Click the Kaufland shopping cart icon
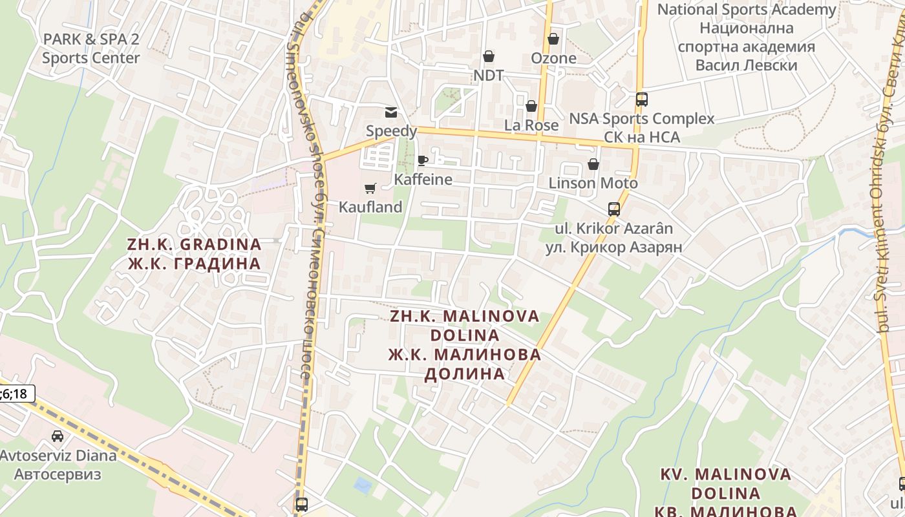pyautogui.click(x=370, y=188)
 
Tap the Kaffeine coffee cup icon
pyautogui.click(x=423, y=160)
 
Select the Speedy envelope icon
pyautogui.click(x=391, y=112)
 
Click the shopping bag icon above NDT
pyautogui.click(x=489, y=56)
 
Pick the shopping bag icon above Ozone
pyautogui.click(x=553, y=39)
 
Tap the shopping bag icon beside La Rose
pyautogui.click(x=531, y=105)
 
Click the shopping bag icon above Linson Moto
pyautogui.click(x=593, y=164)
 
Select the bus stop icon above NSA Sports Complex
pyautogui.click(x=642, y=100)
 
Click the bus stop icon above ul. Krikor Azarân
pyautogui.click(x=614, y=209)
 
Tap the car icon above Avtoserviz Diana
pyautogui.click(x=58, y=436)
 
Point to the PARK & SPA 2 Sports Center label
pyautogui.click(x=91, y=48)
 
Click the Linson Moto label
pyautogui.click(x=593, y=183)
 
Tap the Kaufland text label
pyautogui.click(x=370, y=207)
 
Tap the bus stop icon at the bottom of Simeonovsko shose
pyautogui.click(x=301, y=504)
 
